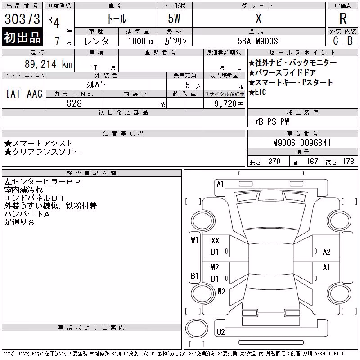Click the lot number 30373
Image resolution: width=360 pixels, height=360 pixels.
[22, 19]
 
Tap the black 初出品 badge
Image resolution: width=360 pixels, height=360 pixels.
[22, 37]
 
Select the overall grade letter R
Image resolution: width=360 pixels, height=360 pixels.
[343, 18]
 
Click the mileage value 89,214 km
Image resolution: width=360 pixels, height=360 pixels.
[49, 64]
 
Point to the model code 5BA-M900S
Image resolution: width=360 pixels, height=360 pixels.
[257, 41]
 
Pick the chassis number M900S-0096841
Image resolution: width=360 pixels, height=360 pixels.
[302, 143]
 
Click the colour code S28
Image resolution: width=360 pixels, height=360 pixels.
[74, 103]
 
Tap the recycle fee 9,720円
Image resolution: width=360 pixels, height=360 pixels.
[229, 104]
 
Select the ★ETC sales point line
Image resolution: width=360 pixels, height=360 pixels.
[257, 92]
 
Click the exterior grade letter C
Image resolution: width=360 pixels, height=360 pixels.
[336, 41]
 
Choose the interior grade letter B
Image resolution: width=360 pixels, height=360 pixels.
[350, 41]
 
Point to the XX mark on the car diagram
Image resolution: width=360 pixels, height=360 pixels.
[215, 241]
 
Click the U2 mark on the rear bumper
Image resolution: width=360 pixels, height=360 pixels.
[220, 332]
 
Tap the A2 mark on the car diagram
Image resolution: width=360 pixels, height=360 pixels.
[327, 252]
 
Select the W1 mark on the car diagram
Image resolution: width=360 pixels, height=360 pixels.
[194, 240]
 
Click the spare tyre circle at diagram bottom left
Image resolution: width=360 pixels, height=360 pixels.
[197, 329]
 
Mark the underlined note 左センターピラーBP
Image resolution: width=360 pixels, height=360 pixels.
[42, 182]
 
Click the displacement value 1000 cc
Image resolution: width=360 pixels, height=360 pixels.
[141, 41]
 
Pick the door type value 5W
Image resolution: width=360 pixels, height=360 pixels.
[174, 18]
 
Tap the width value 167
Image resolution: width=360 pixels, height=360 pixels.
[312, 162]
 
